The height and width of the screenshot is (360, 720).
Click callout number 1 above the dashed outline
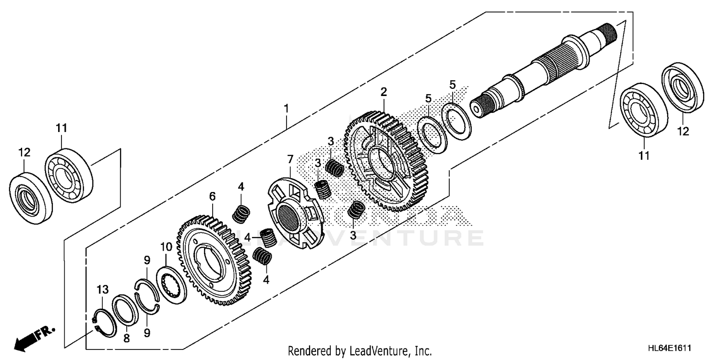click(x=286, y=108)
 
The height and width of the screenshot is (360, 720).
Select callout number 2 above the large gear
click(x=384, y=91)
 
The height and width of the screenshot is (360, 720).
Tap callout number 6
click(x=212, y=196)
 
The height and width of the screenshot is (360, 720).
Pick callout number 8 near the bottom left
click(x=126, y=338)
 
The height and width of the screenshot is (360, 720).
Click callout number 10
click(x=166, y=247)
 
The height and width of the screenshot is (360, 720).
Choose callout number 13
click(x=103, y=289)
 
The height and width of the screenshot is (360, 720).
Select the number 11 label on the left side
click(x=61, y=128)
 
